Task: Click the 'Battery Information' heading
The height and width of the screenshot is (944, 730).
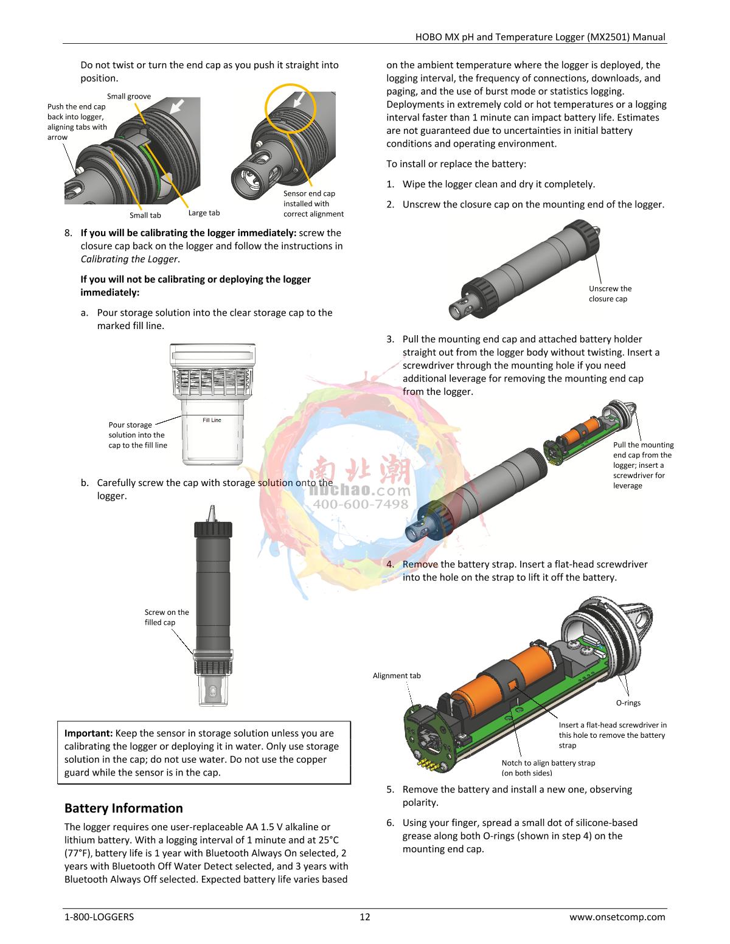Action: tap(123, 808)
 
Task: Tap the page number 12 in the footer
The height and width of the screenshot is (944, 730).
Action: tap(365, 917)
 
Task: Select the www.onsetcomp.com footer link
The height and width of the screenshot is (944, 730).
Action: tap(617, 917)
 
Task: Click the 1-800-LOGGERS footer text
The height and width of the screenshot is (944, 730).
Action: tap(99, 917)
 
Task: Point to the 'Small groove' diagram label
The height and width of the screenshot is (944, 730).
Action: tap(129, 97)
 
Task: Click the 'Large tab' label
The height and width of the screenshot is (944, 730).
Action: tap(204, 213)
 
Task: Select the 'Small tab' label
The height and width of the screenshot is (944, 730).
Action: tap(145, 215)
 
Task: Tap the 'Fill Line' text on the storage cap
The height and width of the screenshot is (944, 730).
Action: tap(212, 420)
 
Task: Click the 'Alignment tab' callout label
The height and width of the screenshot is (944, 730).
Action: tap(397, 676)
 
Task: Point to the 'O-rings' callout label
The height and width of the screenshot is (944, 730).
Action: tap(628, 703)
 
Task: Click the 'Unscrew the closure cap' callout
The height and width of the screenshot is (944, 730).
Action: tap(610, 294)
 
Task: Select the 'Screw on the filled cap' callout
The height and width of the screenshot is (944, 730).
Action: tap(167, 617)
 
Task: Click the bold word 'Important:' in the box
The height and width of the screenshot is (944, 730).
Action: tap(89, 734)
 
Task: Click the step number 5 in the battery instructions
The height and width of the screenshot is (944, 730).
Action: tap(390, 790)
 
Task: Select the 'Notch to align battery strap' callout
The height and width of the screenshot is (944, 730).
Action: tap(548, 768)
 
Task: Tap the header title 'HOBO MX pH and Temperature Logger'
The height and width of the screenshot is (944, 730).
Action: tap(499, 37)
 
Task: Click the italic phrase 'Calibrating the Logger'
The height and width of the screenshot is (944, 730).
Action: tap(129, 259)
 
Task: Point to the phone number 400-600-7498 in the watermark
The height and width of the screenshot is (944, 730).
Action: tap(361, 504)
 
